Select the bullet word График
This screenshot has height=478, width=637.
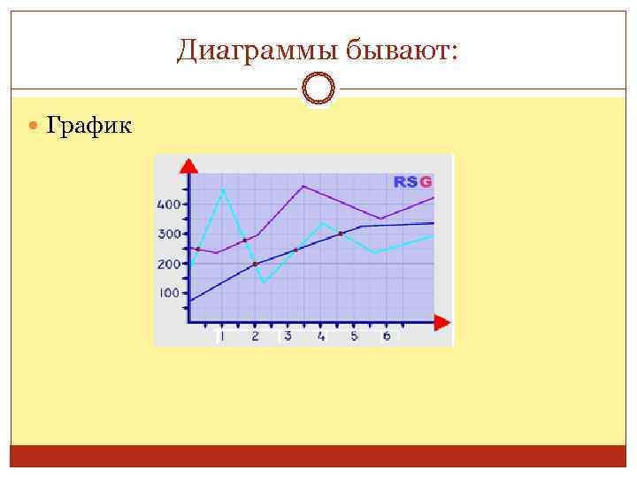[88, 127]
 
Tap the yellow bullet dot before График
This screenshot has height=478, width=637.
[34, 127]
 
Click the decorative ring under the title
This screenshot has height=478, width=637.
[318, 89]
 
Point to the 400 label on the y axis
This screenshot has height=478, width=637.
[169, 204]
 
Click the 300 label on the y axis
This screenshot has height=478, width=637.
[169, 235]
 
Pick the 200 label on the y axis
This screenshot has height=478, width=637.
[169, 264]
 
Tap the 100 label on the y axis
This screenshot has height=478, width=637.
[169, 293]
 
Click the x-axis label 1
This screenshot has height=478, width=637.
[221, 336]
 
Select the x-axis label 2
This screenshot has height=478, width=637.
[255, 336]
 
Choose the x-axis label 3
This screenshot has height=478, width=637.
[288, 336]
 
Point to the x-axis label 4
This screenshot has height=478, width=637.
[321, 336]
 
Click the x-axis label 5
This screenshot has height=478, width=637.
[354, 336]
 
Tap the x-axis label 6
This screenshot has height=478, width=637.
[387, 336]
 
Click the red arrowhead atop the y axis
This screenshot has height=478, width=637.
[188, 166]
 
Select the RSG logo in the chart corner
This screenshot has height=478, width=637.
[413, 181]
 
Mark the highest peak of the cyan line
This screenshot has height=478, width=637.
[222, 189]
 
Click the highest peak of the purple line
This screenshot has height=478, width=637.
[303, 186]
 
